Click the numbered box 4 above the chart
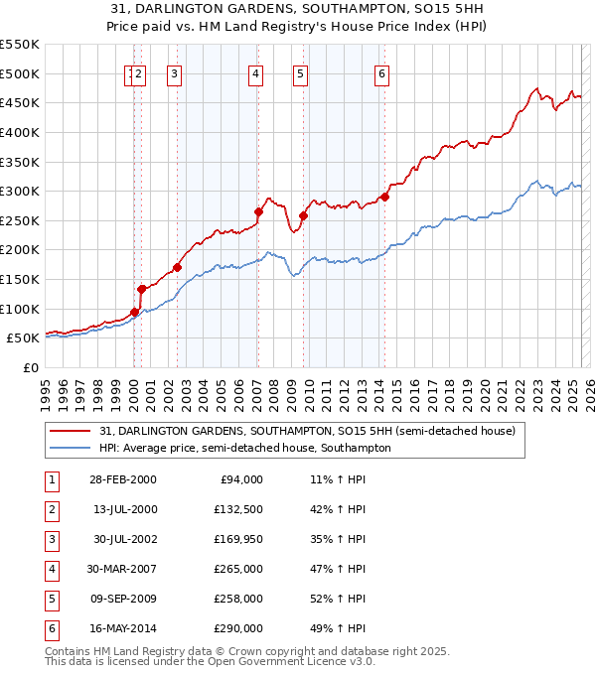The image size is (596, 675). (x=255, y=72)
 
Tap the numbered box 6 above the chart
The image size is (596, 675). (x=381, y=72)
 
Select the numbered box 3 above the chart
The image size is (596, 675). (x=174, y=72)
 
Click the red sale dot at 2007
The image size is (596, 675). (x=258, y=211)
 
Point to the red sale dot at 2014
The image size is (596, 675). (x=384, y=197)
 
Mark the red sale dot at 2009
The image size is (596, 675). (x=303, y=215)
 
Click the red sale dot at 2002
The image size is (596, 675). (x=177, y=267)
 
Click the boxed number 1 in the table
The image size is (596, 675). (x=50, y=479)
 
